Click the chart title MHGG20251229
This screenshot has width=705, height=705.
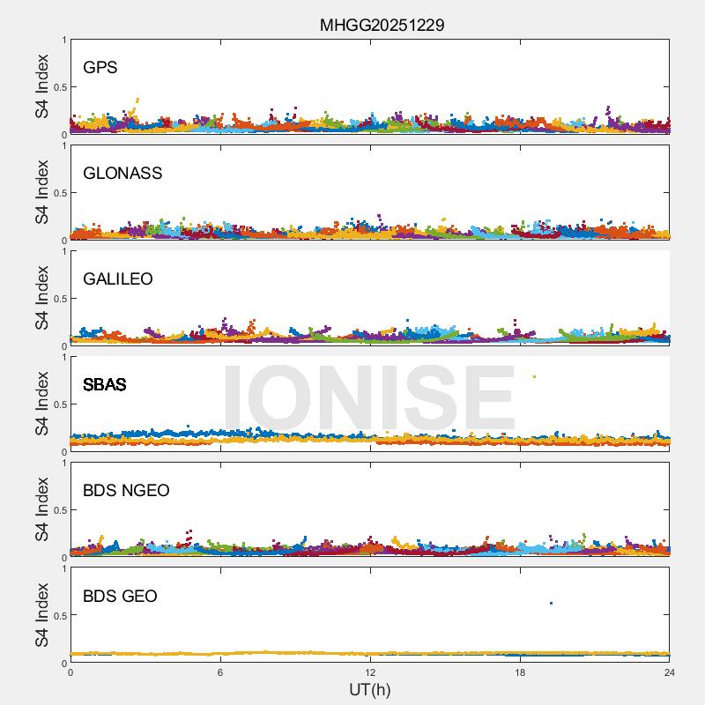pos(382,26)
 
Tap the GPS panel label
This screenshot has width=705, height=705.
pos(100,68)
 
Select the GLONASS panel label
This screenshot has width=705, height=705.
pos(122,174)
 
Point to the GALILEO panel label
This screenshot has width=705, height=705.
pos(118,279)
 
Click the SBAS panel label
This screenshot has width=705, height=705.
pos(105,385)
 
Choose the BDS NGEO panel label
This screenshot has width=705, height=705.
pos(126,491)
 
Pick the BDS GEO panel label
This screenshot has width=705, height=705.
pos(120,597)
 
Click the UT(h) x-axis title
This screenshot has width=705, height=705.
pos(369,689)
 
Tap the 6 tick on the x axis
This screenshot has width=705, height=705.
pos(220,672)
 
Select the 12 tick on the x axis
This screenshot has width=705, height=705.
pos(370,672)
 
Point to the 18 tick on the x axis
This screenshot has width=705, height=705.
pos(520,672)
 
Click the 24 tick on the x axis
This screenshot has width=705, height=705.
pos(670,672)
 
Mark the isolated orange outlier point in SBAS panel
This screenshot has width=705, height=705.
pos(534,377)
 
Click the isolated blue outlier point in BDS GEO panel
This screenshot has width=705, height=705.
pos(551,603)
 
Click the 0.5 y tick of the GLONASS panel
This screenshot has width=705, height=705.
pos(57,193)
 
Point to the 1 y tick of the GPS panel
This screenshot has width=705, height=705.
pos(63,41)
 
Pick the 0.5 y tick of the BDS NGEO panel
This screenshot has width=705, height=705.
pos(57,510)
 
